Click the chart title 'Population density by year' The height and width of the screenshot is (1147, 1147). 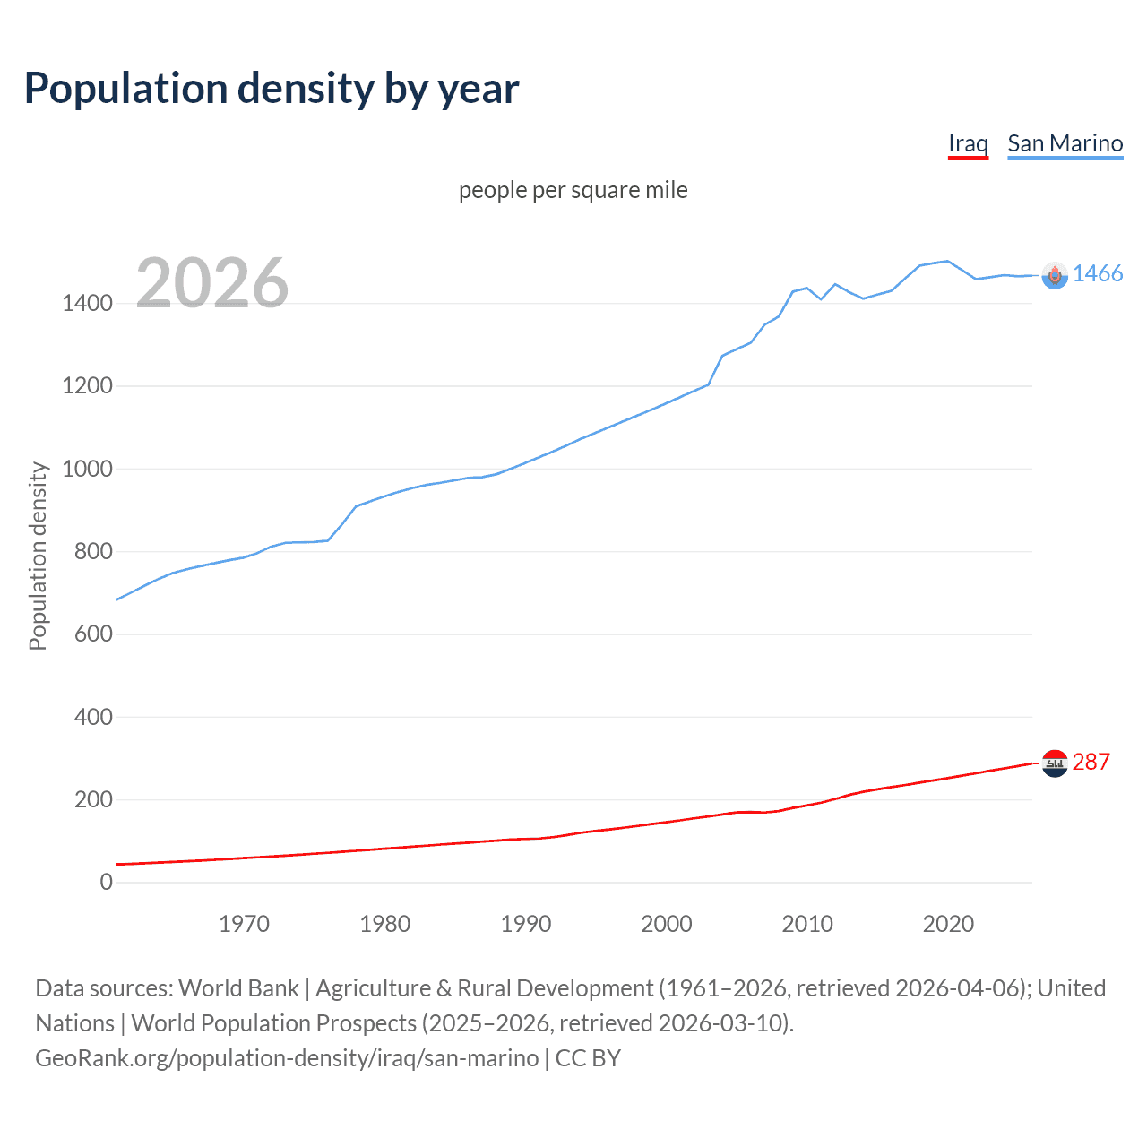click(x=272, y=89)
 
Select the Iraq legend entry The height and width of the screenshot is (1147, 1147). click(x=968, y=143)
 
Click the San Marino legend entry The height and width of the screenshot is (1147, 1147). click(x=1065, y=143)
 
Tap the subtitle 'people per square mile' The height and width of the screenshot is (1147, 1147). click(x=573, y=190)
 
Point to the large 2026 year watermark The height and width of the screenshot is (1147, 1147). click(x=212, y=283)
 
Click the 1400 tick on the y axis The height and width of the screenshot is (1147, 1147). click(x=87, y=304)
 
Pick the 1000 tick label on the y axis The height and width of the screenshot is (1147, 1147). click(x=87, y=469)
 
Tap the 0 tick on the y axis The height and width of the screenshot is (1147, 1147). click(x=107, y=882)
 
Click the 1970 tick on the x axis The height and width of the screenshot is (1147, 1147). click(x=244, y=924)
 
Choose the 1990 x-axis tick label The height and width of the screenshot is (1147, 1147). click(x=526, y=924)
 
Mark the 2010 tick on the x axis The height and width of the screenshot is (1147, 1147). click(x=807, y=924)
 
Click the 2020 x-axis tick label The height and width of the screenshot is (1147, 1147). click(x=948, y=924)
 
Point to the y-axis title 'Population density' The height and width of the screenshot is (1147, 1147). click(x=38, y=556)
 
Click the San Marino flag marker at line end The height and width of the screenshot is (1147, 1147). click(x=1055, y=276)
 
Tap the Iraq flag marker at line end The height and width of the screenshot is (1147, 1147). click(x=1055, y=763)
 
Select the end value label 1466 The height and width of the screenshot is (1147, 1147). click(x=1098, y=274)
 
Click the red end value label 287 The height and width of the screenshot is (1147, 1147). click(x=1091, y=762)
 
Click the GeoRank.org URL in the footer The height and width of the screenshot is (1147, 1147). click(x=287, y=1058)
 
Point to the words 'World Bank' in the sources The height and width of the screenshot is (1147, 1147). click(x=238, y=988)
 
